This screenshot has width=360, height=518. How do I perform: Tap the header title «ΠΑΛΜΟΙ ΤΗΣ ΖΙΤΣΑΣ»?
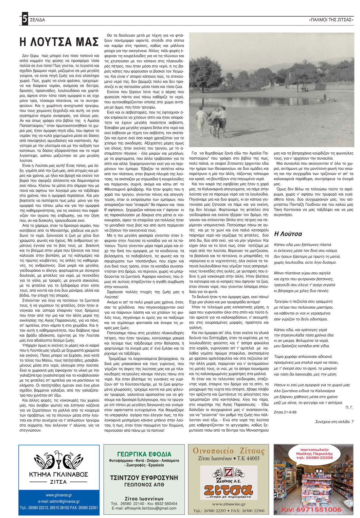click(x=331, y=20)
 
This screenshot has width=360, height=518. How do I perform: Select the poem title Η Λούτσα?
click(x=288, y=234)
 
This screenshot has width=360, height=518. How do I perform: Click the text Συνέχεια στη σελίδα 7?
click(x=334, y=422)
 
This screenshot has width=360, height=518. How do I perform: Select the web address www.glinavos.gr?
click(x=59, y=495)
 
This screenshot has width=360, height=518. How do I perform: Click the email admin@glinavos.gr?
click(x=59, y=501)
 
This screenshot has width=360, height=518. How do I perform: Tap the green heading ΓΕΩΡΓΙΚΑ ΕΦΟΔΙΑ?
click(x=144, y=454)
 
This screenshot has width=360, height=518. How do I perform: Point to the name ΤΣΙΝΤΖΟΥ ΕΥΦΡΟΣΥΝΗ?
click(x=144, y=478)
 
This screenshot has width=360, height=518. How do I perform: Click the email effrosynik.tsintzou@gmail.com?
click(x=144, y=508)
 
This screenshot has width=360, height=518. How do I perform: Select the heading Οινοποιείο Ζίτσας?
click(x=228, y=451)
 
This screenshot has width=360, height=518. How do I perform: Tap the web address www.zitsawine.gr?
click(x=228, y=504)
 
